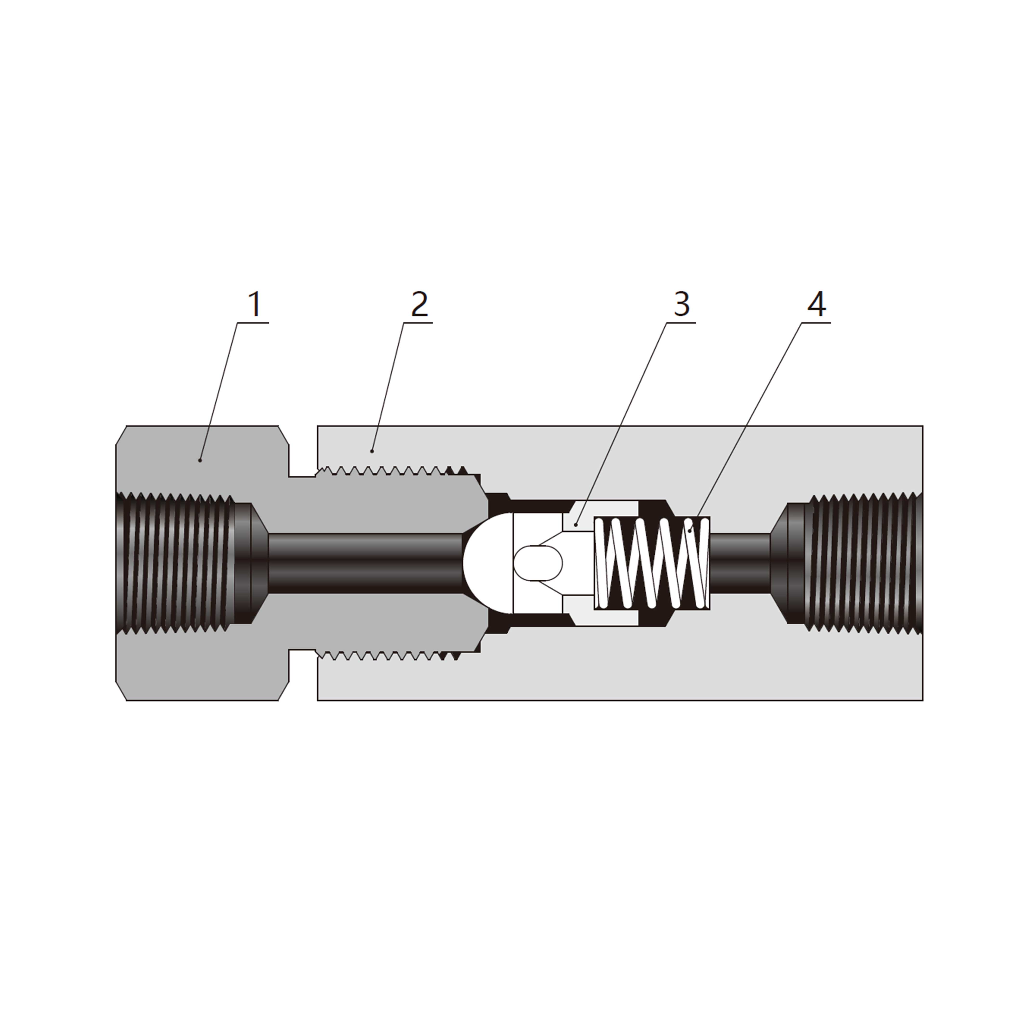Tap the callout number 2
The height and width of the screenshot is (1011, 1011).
pyautogui.click(x=419, y=305)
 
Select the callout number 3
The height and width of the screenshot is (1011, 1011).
pyautogui.click(x=681, y=305)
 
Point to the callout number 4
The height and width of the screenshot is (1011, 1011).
pyautogui.click(x=817, y=305)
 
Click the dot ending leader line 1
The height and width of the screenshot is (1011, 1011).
pyautogui.click(x=200, y=460)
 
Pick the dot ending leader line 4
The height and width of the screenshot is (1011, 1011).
pyautogui.click(x=690, y=531)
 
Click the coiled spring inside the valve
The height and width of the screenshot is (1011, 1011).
pyautogui.click(x=652, y=563)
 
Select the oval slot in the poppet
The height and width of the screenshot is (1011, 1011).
pyautogui.click(x=538, y=563)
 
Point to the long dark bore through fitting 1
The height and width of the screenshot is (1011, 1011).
pyautogui.click(x=366, y=563)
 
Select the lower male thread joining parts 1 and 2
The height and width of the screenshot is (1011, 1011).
pyautogui.click(x=387, y=655)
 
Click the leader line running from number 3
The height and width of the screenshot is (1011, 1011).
pyautogui.click(x=623, y=419)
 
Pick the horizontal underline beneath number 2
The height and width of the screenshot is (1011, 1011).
pyautogui.click(x=418, y=323)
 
